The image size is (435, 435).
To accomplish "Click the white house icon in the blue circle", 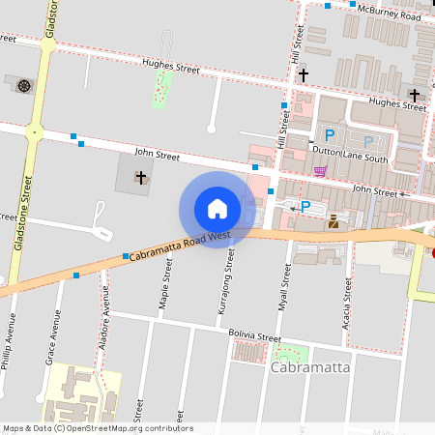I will pos(217,209).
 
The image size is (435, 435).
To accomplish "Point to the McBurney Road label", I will pos(390,12).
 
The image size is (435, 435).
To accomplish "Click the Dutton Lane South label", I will pos(354,159).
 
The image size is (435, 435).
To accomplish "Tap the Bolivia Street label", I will pos(254,336).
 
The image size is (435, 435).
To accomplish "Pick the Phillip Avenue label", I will pos(10,344).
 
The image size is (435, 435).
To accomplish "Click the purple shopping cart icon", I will pos(320,171).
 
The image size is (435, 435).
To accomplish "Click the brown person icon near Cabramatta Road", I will pos(333,222).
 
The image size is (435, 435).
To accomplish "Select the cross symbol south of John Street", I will pos(141,177).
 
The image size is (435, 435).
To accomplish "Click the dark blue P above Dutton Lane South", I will pos(330,135).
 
